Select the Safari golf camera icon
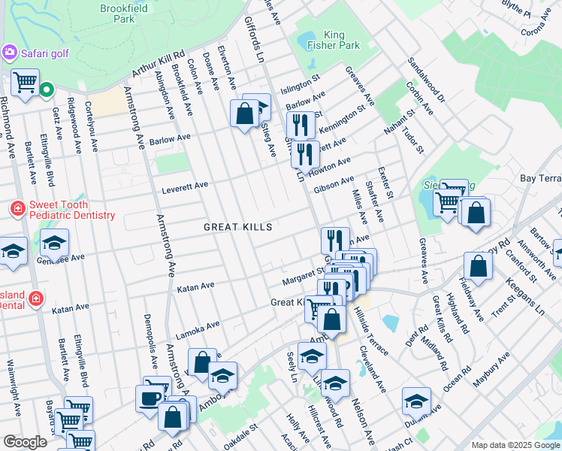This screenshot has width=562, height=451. pyautogui.click(x=10, y=53)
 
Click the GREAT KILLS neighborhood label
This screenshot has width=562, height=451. pyautogui.click(x=237, y=226)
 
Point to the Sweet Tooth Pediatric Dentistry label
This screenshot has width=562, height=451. pyautogui.click(x=72, y=210)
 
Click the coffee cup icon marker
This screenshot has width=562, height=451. pyautogui.click(x=150, y=398)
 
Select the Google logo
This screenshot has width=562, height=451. pyautogui.click(x=25, y=442)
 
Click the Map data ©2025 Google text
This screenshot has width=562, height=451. pyautogui.click(x=515, y=445)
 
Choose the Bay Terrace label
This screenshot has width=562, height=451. pyautogui.click(x=541, y=178)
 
